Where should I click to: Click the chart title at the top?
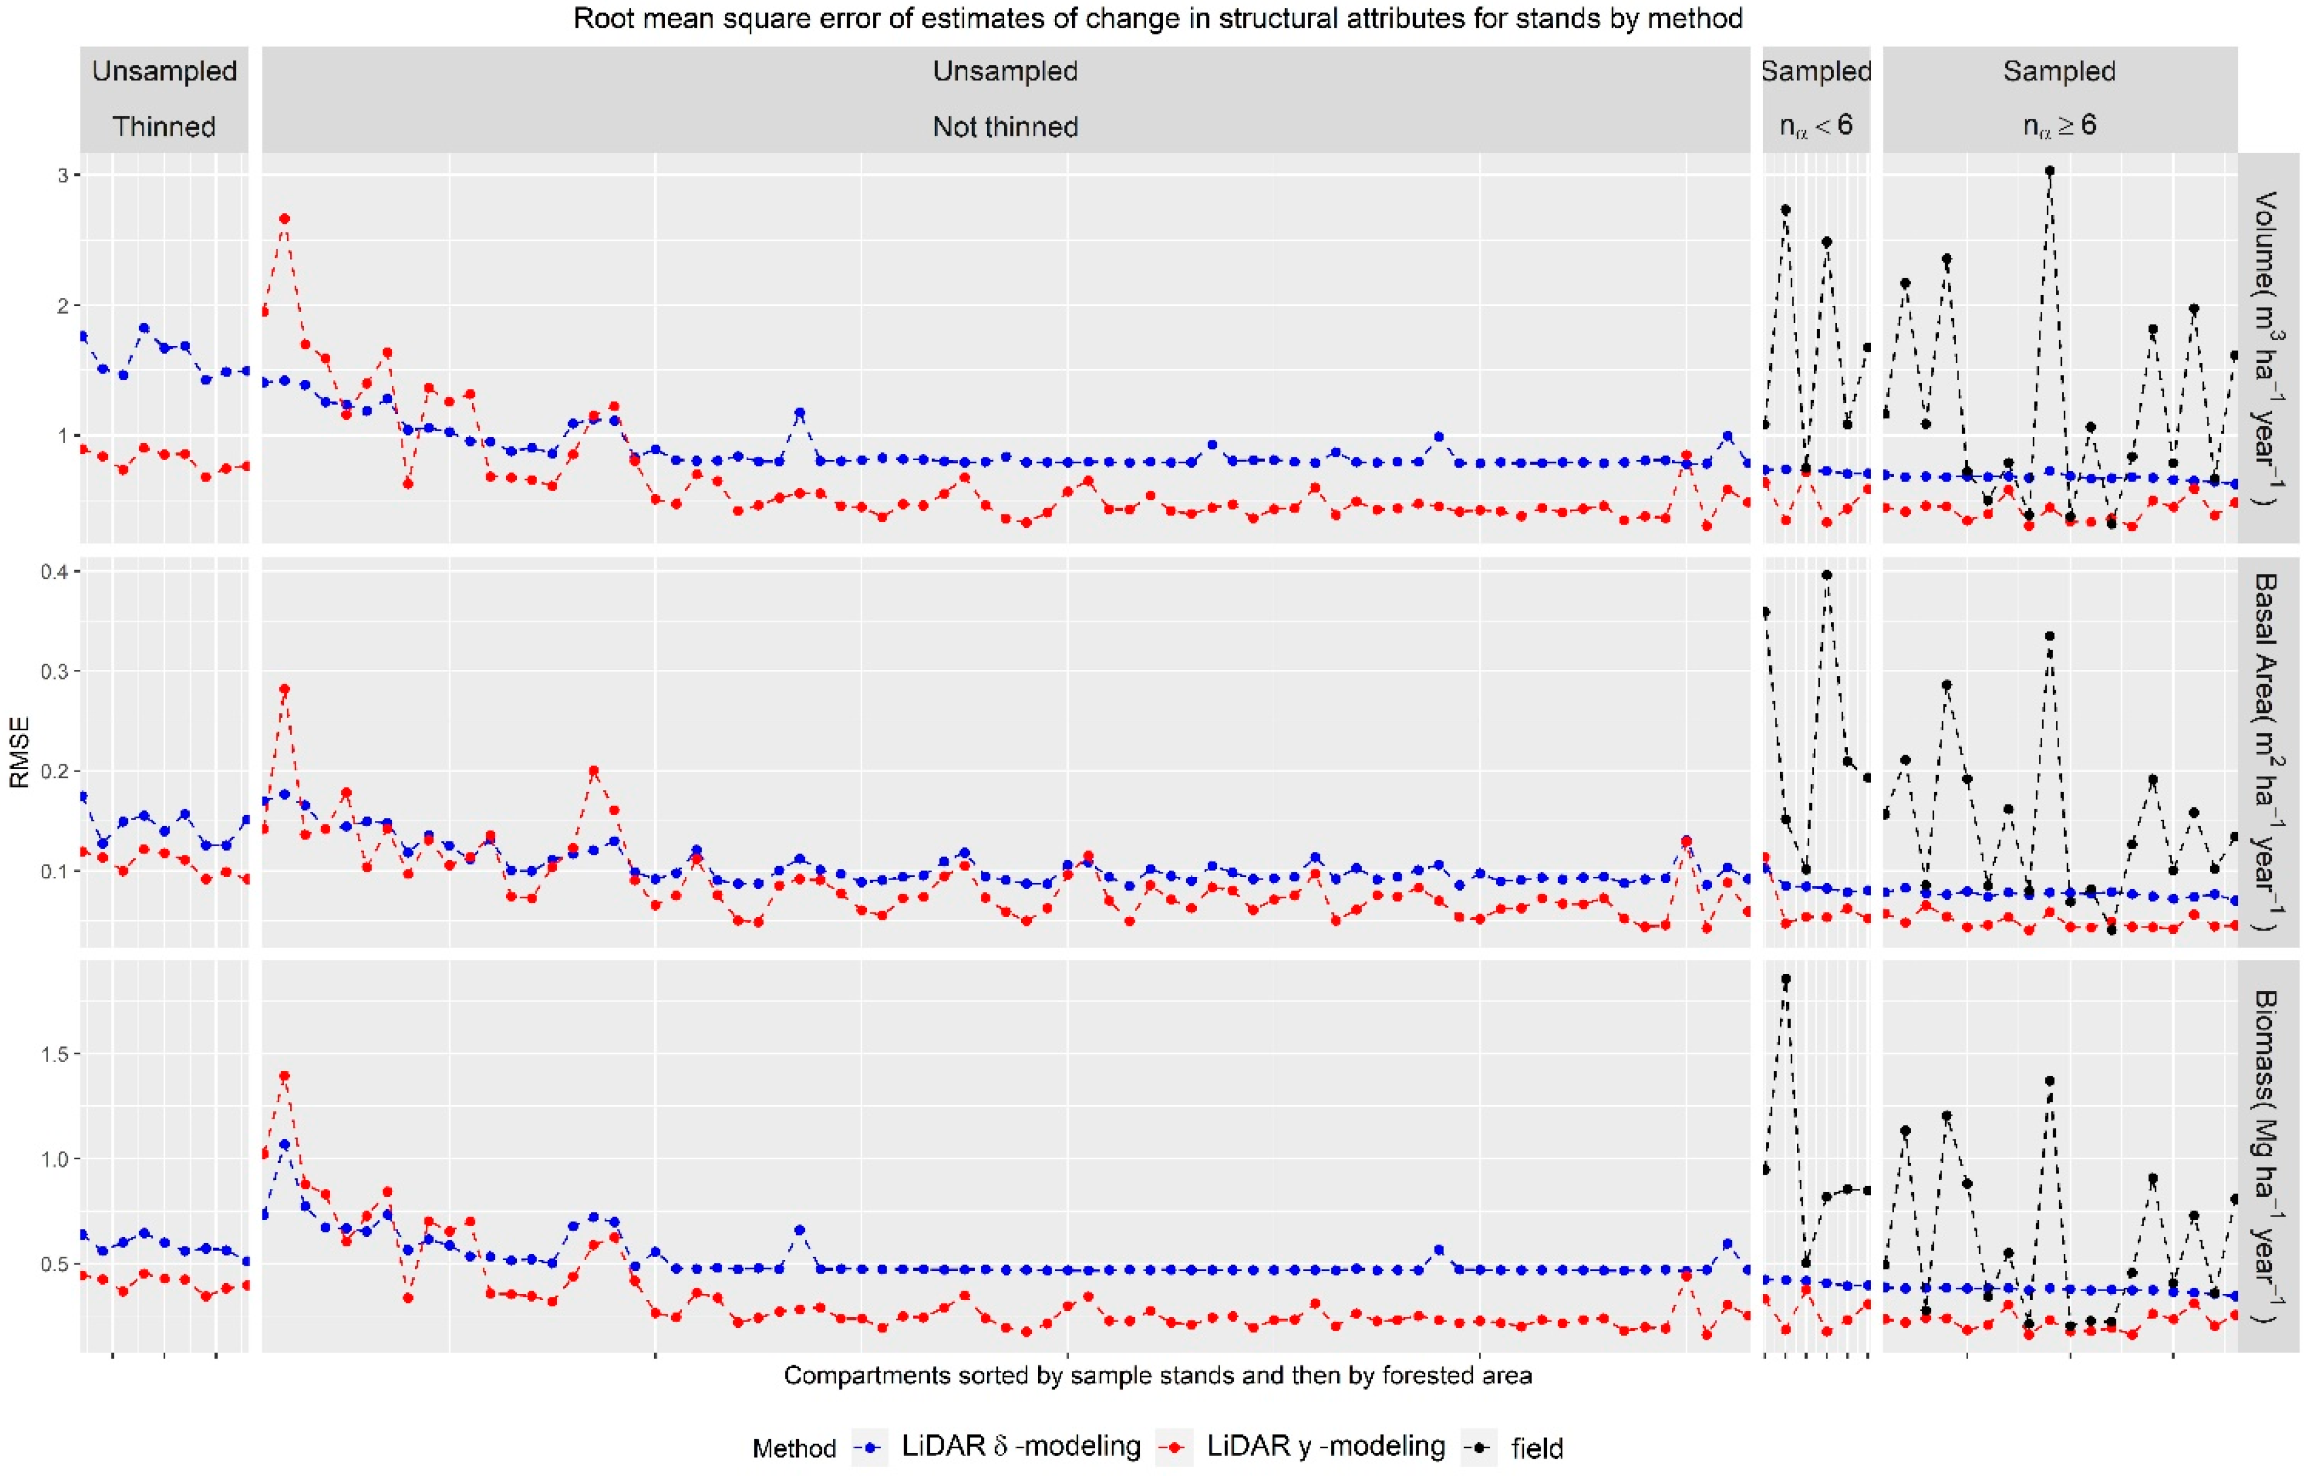1157,18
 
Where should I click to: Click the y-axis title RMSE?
19,752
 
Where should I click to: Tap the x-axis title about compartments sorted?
1157,1375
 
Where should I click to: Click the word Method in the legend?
794,1447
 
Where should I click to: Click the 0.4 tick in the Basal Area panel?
55,571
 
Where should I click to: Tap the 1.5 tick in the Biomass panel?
55,1054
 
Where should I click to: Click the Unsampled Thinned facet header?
164,99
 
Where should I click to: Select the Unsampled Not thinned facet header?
1005,99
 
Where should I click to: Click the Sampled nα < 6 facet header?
1816,99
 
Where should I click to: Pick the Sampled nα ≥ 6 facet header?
2059,99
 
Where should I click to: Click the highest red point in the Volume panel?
284,219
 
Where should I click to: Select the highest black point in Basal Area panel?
1827,575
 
